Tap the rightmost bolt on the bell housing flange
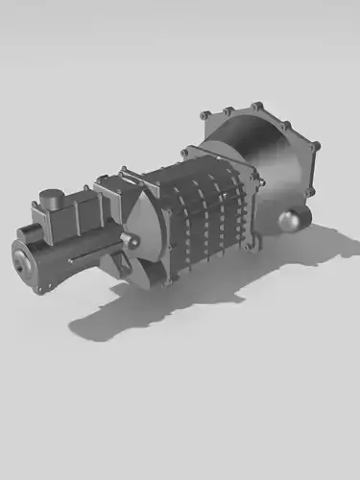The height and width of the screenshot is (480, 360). [316, 146]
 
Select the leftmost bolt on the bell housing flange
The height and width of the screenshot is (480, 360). [203, 115]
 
